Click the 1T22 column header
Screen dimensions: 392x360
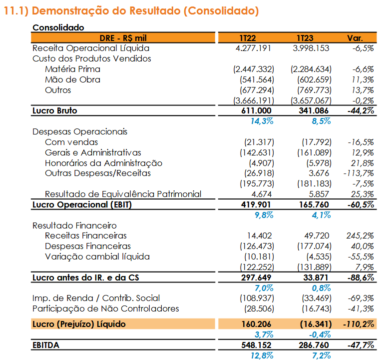tap(248, 38)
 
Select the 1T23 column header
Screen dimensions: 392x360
tap(305, 38)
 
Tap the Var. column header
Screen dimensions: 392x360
tap(355, 38)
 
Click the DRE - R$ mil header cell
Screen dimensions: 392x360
tap(123, 38)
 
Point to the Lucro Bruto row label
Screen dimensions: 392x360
tap(55, 110)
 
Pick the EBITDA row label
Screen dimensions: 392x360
tap(46, 345)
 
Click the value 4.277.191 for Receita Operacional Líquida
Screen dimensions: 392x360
tap(253, 48)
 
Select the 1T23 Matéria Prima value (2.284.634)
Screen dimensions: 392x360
tap(311, 69)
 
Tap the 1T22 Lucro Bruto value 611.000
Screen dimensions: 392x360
tap(256, 110)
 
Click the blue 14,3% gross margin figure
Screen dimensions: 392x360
tap(262, 121)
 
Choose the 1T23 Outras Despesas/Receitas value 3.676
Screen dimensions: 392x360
tap(319, 173)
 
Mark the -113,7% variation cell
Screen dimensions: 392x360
tap(359, 173)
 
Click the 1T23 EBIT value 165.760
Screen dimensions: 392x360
tap(314, 204)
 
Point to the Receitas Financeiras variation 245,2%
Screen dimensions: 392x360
tap(360, 235)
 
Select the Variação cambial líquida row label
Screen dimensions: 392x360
tap(97, 256)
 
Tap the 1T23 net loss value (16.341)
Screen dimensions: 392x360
tap(316, 324)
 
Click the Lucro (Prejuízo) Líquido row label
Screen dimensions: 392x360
tap(79, 324)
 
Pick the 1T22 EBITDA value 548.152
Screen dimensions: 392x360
tap(256, 345)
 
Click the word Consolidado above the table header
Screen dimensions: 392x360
tap(58, 27)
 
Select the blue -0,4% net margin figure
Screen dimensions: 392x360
tap(320, 334)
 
